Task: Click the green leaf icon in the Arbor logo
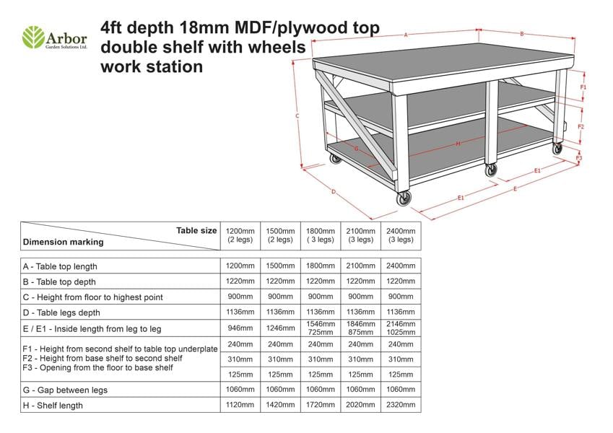coord(33,37)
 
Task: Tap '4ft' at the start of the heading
coord(114,28)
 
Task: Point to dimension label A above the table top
coord(406,35)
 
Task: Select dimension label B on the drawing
coord(521,34)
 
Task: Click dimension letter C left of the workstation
coord(297,115)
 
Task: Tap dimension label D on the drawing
coord(334,191)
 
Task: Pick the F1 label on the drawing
coord(583,87)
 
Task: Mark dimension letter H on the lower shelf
coord(458,144)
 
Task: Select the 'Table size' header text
coord(196,231)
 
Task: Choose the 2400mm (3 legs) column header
coord(401,235)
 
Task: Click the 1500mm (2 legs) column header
coord(279,235)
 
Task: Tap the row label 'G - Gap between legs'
coord(65,390)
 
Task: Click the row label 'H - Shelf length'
coord(53,406)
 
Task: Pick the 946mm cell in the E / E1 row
coord(240,328)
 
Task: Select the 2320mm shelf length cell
coord(401,406)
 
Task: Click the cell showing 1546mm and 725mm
coord(320,328)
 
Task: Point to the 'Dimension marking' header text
coord(64,242)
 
